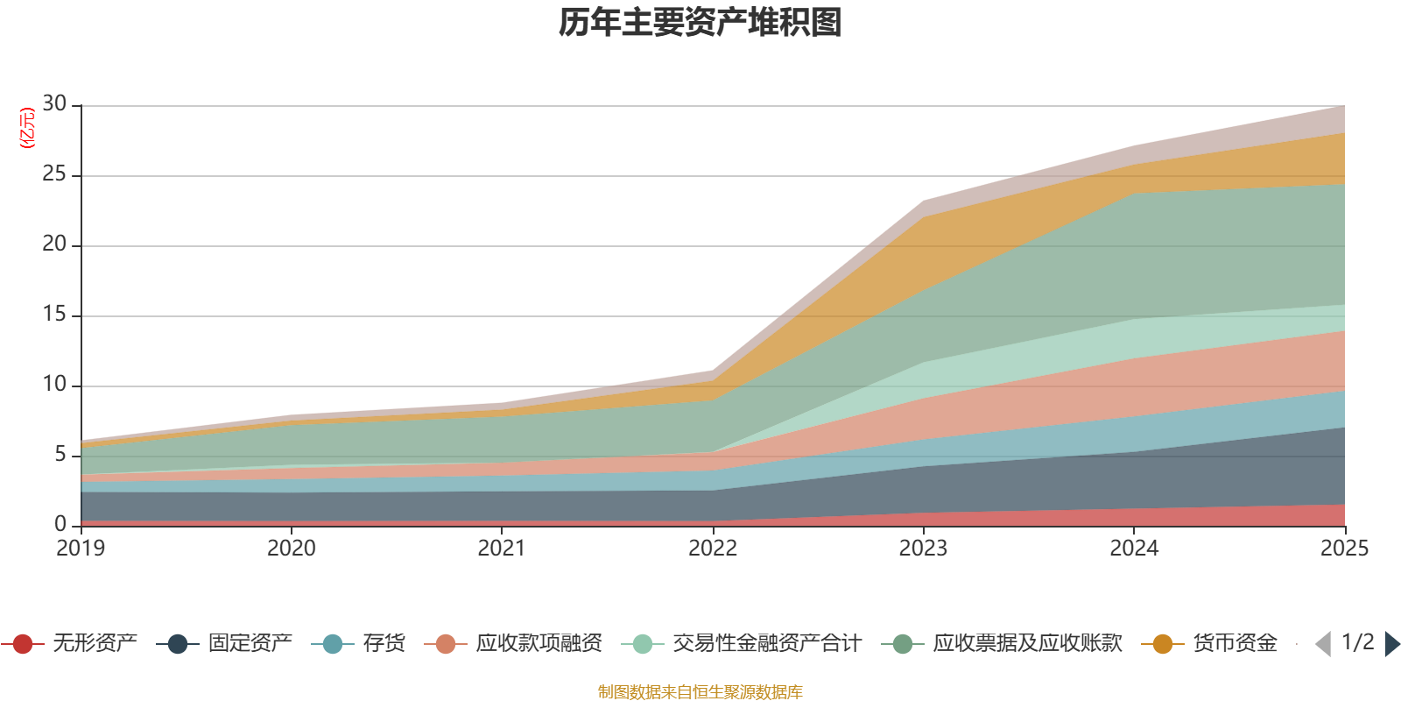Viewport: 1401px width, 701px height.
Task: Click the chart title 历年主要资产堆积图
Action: (700, 24)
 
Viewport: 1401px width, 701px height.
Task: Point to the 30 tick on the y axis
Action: (54, 104)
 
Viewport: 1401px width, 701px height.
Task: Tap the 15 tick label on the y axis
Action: (54, 315)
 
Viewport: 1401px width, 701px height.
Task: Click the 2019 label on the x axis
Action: (81, 549)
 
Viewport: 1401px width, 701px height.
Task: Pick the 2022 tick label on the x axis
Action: (713, 549)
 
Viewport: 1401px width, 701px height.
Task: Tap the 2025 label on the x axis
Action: (1344, 549)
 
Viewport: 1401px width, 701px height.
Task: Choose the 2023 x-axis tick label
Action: (923, 549)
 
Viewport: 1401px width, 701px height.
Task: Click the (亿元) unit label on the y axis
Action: (27, 128)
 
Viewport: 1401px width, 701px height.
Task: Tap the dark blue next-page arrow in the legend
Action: (1392, 644)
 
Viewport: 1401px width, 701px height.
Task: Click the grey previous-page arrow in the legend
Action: (1323, 644)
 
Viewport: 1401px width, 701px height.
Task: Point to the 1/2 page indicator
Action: (1357, 642)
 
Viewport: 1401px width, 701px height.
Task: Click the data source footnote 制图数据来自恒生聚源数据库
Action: (700, 692)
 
